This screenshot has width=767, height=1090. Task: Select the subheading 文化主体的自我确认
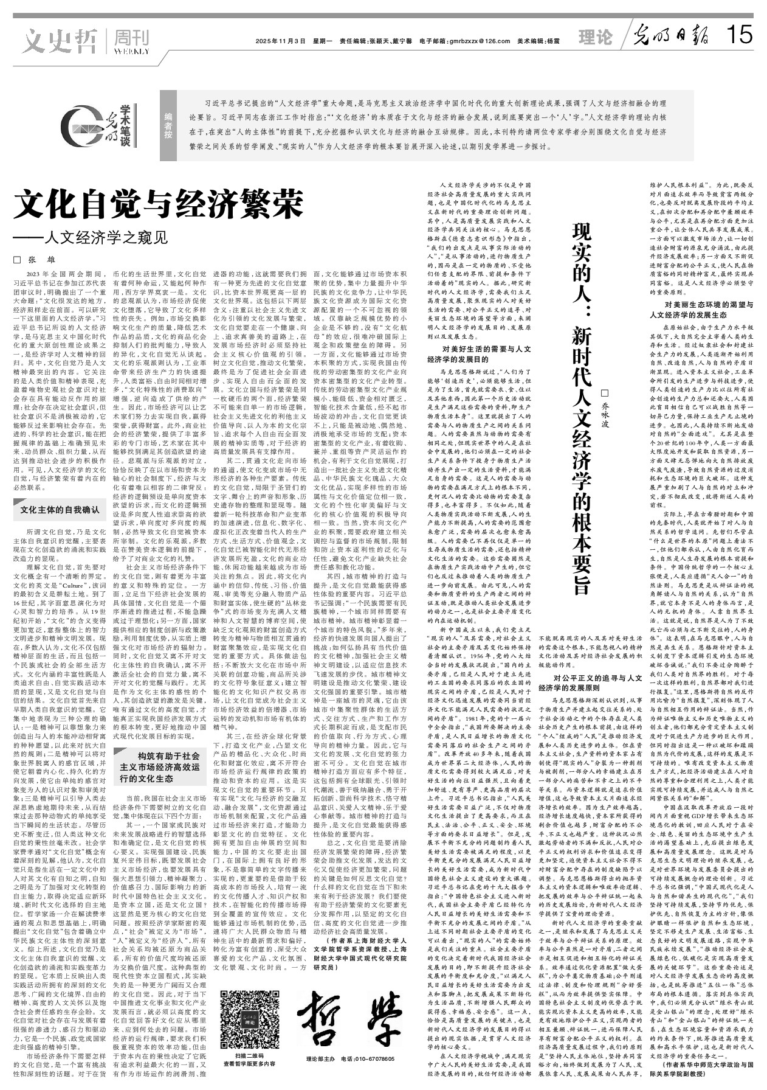click(x=59, y=509)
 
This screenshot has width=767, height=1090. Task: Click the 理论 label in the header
click(x=595, y=38)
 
